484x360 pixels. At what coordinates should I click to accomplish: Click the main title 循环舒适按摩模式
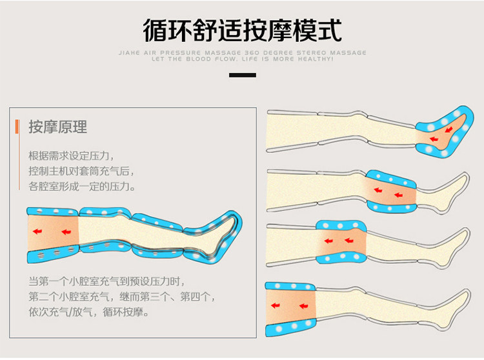242,29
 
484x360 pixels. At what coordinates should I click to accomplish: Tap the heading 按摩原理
57,126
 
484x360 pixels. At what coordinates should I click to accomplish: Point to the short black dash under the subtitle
242,75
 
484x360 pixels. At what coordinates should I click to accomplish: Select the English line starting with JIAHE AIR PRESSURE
242,52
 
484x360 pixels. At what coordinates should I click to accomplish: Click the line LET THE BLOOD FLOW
242,59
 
